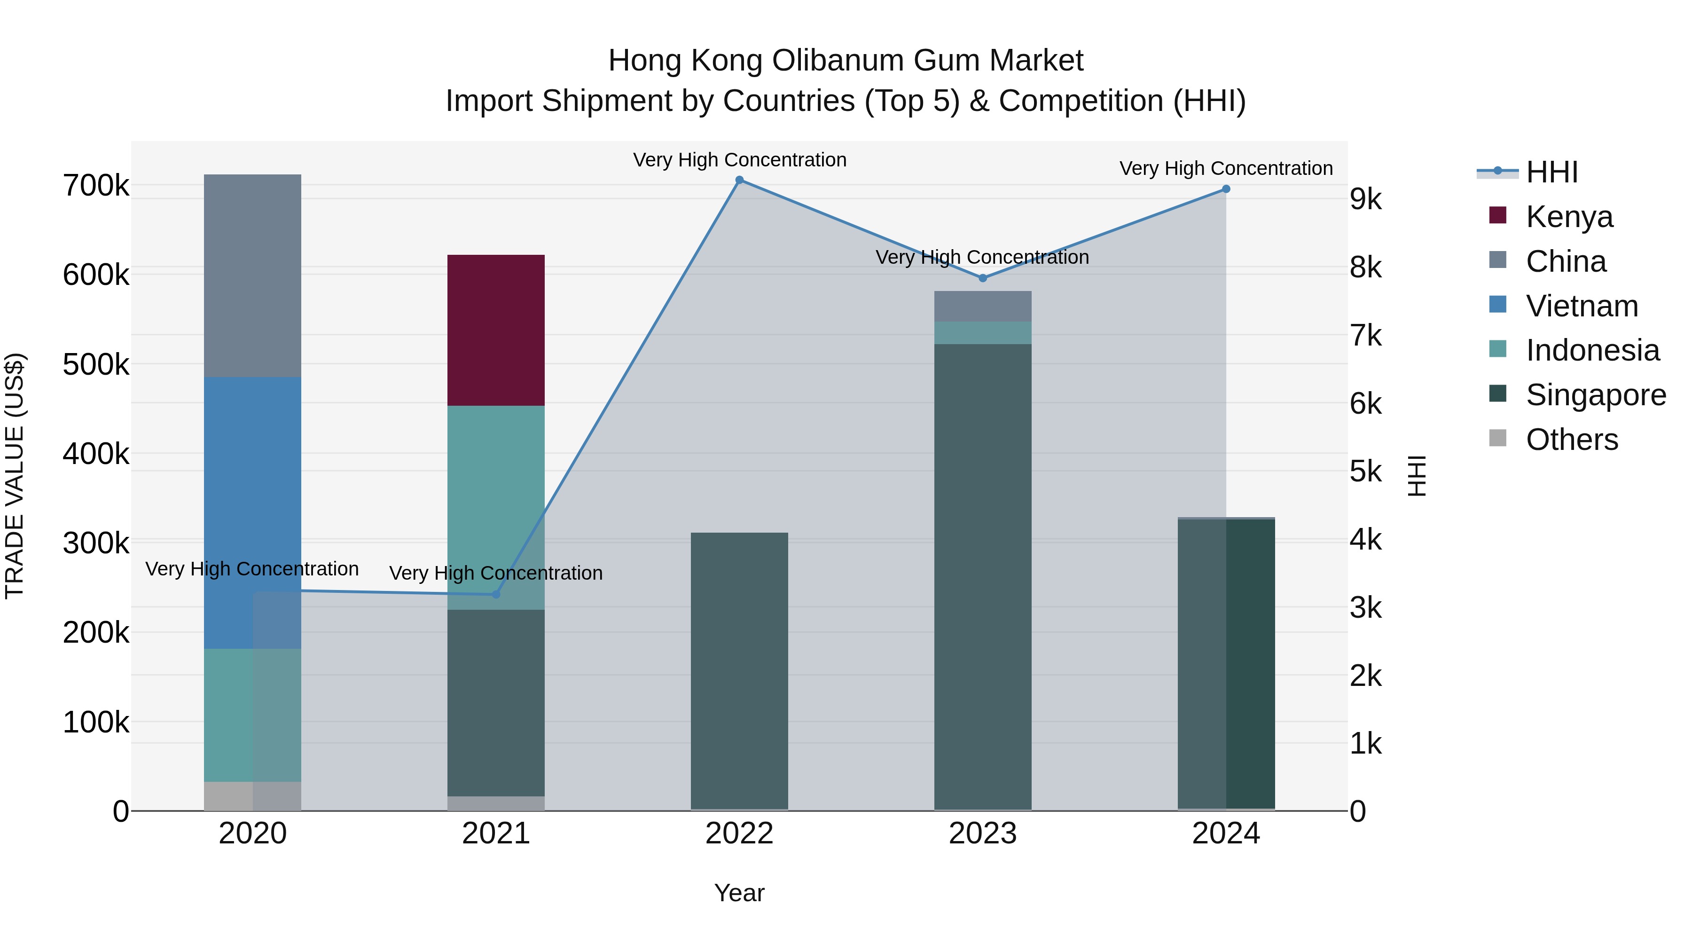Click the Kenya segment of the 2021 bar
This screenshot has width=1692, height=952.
coord(496,330)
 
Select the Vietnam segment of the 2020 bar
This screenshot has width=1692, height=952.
coord(252,512)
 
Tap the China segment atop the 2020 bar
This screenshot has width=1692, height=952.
coord(252,275)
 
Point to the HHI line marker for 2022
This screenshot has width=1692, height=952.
coord(740,180)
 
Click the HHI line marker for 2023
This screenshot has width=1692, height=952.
coord(983,278)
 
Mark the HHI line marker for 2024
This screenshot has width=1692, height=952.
coord(1226,189)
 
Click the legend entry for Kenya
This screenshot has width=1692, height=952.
coord(1568,217)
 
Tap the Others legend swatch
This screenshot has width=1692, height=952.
coord(1497,438)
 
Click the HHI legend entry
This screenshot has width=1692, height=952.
coord(1551,172)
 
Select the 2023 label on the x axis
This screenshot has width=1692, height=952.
coord(983,834)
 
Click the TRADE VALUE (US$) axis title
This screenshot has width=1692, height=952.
coord(15,476)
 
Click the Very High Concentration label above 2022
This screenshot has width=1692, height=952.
coord(740,160)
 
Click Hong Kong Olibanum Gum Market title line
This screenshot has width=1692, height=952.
coord(846,61)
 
